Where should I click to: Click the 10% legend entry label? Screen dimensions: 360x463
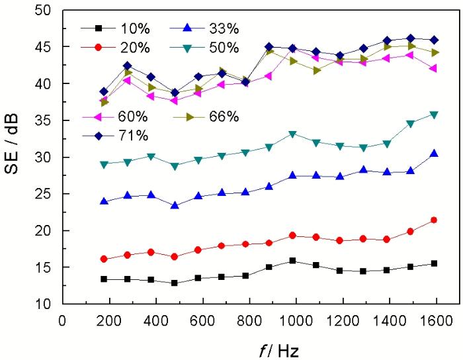pyautogui.click(x=134, y=28)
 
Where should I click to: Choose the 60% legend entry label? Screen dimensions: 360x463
pyautogui.click(x=134, y=117)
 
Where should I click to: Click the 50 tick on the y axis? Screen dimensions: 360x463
pyautogui.click(x=44, y=11)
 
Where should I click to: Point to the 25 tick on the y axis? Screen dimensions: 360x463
pyautogui.click(x=44, y=195)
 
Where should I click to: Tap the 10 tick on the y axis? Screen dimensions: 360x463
pyautogui.click(x=44, y=304)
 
